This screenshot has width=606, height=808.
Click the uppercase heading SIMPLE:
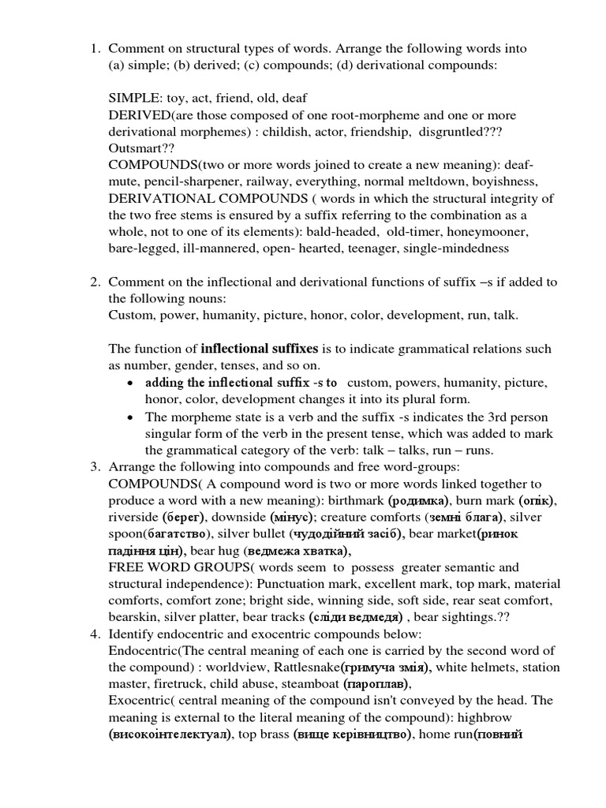click(x=137, y=99)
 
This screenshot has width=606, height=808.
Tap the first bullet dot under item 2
click(x=129, y=383)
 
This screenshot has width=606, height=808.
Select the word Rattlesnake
click(x=303, y=668)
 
